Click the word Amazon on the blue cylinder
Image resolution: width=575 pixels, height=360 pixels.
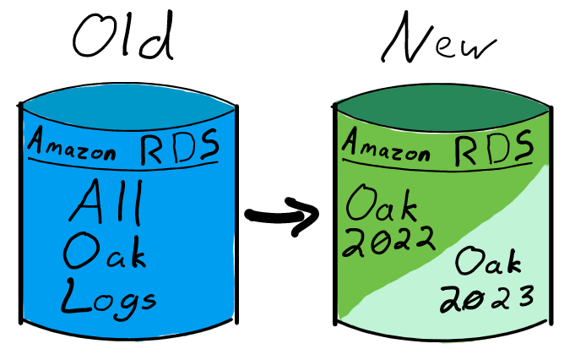[73, 143]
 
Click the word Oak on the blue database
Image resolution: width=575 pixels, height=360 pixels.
[104, 251]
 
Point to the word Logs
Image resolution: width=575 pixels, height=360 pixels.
[107, 297]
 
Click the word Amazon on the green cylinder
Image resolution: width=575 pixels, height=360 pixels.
[386, 145]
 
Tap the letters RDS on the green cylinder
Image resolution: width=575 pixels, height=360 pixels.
[494, 148]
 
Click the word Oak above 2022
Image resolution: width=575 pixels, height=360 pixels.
[378, 203]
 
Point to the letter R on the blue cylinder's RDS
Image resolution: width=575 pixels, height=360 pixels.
[153, 146]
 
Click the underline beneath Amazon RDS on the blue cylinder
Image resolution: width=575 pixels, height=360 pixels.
[127, 162]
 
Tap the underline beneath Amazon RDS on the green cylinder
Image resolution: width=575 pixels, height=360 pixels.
[439, 165]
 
